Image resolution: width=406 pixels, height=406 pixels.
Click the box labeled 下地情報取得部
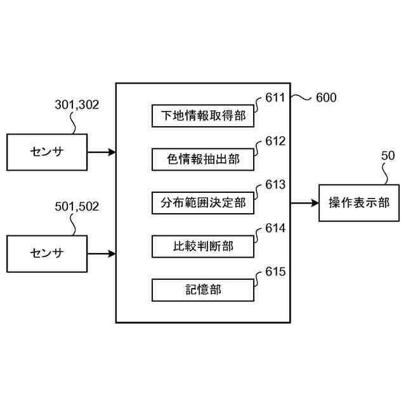203,115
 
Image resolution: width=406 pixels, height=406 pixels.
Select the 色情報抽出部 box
203,159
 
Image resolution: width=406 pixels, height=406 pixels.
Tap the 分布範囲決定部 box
203,203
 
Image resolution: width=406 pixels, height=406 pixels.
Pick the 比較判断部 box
203,246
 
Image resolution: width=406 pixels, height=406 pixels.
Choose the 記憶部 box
203,290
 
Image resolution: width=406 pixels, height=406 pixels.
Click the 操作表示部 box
359,203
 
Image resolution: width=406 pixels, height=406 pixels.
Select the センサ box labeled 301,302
47,152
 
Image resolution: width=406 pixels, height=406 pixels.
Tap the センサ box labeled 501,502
47,254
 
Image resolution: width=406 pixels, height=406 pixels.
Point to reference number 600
325,98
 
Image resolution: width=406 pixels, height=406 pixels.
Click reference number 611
275,98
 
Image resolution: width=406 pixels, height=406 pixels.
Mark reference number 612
275,141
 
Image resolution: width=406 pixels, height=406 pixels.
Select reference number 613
275,185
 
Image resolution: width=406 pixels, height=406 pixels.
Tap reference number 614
275,228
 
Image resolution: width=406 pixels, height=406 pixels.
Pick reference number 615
275,272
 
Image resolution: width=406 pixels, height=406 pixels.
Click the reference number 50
388,155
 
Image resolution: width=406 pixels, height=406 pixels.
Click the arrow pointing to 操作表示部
304,203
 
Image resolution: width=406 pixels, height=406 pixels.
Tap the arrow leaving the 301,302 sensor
101,152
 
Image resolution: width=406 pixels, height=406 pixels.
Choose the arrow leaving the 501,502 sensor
101,254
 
